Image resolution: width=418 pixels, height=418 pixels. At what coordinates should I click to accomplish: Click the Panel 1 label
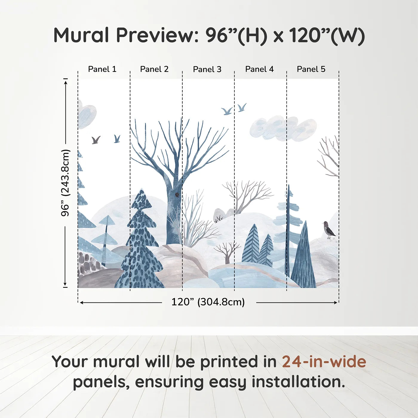[x=102, y=69]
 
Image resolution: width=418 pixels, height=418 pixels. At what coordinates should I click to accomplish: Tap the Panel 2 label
[x=154, y=69]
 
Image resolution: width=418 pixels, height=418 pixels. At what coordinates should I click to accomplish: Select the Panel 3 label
[x=207, y=69]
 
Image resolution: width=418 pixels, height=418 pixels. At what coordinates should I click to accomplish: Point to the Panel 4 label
[x=259, y=69]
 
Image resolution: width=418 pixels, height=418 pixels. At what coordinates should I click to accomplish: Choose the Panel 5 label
[x=311, y=69]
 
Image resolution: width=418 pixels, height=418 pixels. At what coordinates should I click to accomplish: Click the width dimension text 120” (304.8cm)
[x=208, y=302]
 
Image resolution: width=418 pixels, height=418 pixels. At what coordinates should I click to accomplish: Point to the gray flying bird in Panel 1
[x=96, y=140]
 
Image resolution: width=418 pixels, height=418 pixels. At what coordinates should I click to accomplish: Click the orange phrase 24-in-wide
[x=324, y=362]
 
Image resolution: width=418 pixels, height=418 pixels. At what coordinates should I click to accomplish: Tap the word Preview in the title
[x=155, y=35]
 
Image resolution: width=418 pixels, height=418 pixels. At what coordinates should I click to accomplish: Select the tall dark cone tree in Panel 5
[x=304, y=257]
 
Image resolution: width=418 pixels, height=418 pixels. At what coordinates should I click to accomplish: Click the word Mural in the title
[x=81, y=35]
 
